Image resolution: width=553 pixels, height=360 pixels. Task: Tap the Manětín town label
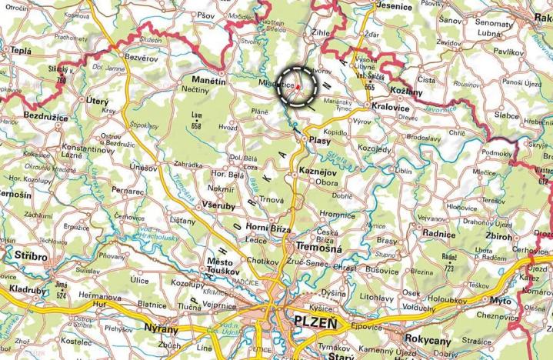click(x=208, y=80)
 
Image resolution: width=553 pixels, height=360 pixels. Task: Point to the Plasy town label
click(x=318, y=141)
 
